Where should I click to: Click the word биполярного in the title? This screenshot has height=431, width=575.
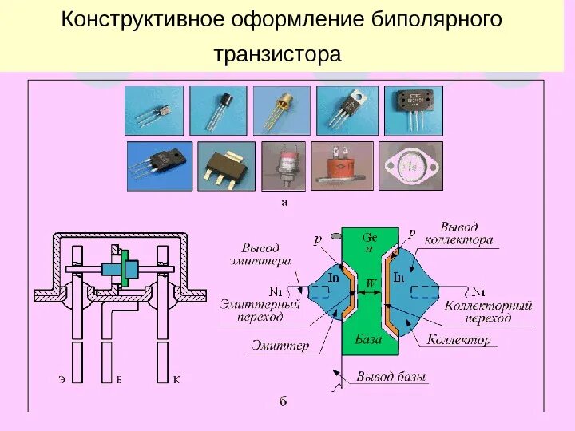[x=438, y=19]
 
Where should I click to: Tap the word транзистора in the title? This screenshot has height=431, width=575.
[x=277, y=55]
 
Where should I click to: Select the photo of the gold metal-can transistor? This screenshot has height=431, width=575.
[x=281, y=110]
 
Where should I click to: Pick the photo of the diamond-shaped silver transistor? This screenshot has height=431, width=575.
[x=410, y=166]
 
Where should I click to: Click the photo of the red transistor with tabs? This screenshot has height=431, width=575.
[x=342, y=166]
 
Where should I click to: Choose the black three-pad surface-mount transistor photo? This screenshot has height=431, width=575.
[x=226, y=166]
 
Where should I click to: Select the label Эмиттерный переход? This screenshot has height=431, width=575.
[x=260, y=310]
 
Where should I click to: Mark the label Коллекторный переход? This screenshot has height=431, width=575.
[x=488, y=311]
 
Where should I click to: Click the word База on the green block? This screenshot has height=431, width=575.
[x=368, y=339]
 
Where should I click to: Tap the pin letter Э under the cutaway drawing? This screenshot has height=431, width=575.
[x=61, y=378]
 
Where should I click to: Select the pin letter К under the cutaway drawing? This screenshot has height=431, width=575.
[x=176, y=378]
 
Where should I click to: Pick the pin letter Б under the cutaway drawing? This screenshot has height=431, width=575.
[x=119, y=378]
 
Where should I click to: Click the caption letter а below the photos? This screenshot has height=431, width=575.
[x=284, y=202]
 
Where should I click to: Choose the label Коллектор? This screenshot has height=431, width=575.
[x=458, y=340]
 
